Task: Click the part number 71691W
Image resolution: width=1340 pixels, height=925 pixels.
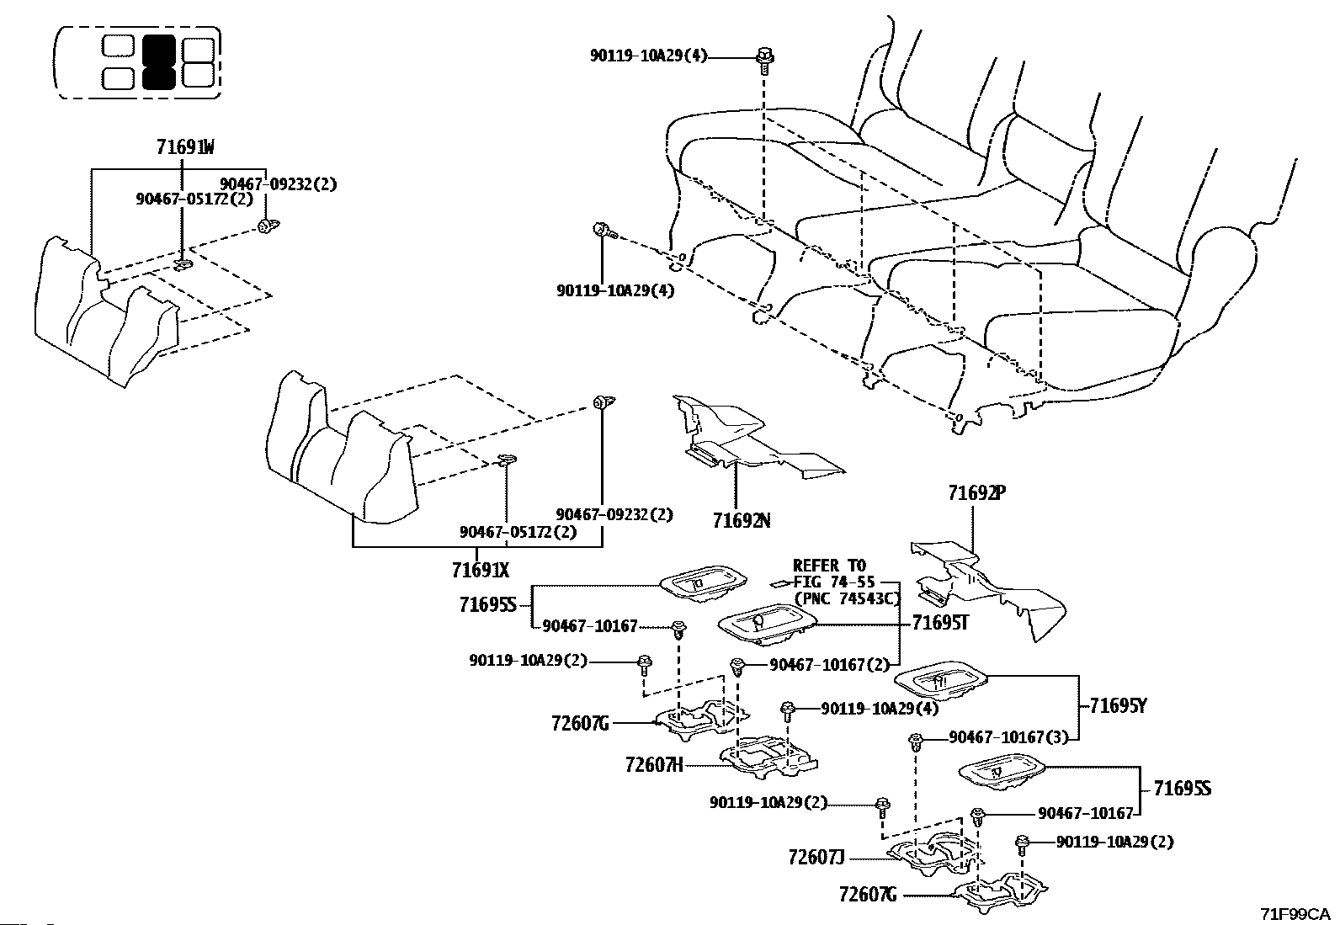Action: pos(185,146)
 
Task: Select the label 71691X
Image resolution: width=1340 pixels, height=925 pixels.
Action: pos(481,570)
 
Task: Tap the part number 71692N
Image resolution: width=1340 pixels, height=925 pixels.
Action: pos(742,520)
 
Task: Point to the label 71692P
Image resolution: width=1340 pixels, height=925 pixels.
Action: pos(977,493)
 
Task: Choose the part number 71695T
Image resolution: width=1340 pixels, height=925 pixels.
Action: pos(940,624)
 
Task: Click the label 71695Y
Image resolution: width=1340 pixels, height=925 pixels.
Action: pos(1118,706)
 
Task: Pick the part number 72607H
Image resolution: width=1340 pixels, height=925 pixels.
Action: pos(654,764)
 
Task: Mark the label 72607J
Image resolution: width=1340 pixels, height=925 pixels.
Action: pos(816,858)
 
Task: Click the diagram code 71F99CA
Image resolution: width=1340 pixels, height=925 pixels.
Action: pos(1295,914)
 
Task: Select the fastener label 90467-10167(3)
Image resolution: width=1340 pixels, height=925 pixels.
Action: pos(1008,737)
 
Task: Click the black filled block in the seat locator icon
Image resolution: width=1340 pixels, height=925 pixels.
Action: pos(159,61)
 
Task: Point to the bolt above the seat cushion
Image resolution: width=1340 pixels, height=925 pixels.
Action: pos(764,61)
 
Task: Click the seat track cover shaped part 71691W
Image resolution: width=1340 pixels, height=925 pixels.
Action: pos(104,311)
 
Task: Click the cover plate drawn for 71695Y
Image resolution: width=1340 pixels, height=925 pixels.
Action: pos(940,680)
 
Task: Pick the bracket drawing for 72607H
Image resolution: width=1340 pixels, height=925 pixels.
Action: pos(768,758)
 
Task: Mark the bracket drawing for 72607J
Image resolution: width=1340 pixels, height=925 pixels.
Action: pos(933,854)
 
